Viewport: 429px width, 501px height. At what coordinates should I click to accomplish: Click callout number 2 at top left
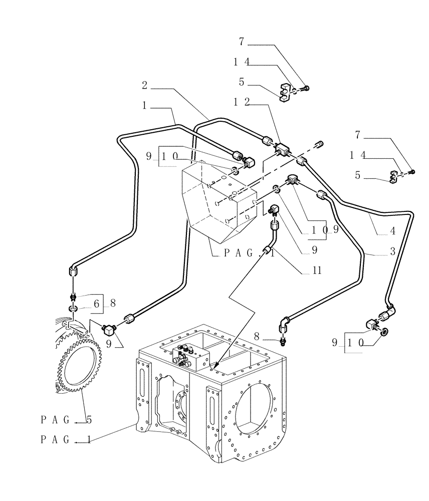[144, 85]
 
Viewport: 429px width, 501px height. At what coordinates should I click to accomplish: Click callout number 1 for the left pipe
[144, 106]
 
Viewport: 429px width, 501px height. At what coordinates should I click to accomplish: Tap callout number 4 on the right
[393, 231]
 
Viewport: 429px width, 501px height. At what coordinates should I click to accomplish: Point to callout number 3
[393, 252]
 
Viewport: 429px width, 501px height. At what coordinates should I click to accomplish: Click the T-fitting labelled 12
[282, 149]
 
